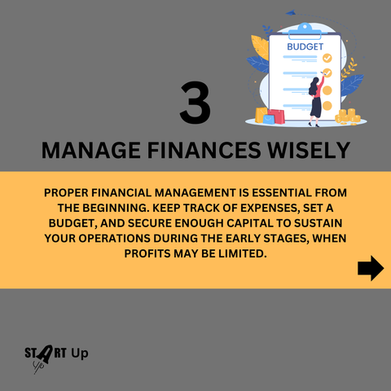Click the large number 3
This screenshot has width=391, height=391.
tap(195, 103)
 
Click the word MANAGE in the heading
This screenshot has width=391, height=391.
tap(91, 150)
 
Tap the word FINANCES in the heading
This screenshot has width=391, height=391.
tap(204, 150)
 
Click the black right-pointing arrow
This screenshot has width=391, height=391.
tap(371, 268)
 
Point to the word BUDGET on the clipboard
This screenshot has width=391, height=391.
tap(305, 46)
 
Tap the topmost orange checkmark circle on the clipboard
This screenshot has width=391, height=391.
tap(327, 58)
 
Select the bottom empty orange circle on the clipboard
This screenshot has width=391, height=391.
tap(327, 106)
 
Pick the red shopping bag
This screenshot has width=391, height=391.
tap(277, 116)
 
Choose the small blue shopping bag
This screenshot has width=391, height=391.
tap(269, 120)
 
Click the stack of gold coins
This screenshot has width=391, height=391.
tap(348, 116)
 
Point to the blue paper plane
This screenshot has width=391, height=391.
tap(291, 12)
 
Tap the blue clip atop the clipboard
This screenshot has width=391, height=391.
tap(305, 30)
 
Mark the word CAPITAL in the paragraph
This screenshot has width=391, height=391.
tap(250, 223)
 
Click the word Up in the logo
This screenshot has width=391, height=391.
tap(80, 354)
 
